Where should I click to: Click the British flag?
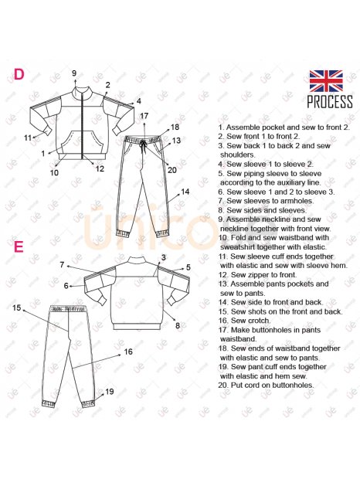point(326,81)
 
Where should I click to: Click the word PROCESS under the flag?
point(330,102)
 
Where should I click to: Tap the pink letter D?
point(19,74)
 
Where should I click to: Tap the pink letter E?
point(19,246)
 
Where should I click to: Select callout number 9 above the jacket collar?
point(74,73)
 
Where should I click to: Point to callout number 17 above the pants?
point(144,116)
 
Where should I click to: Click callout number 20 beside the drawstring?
point(172,170)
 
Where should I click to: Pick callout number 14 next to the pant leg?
point(185,192)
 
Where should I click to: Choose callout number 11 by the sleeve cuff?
point(28,138)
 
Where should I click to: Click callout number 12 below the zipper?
point(100,168)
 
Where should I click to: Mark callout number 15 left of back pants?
point(17,307)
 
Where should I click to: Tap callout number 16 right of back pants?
point(128,352)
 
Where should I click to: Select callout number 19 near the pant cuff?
point(109,392)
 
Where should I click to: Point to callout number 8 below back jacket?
point(178,326)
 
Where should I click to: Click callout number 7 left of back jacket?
point(62,264)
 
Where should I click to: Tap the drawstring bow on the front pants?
point(143,147)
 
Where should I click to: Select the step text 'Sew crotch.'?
point(244,321)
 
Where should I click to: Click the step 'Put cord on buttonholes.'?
point(266,386)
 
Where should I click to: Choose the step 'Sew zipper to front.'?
point(257,274)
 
